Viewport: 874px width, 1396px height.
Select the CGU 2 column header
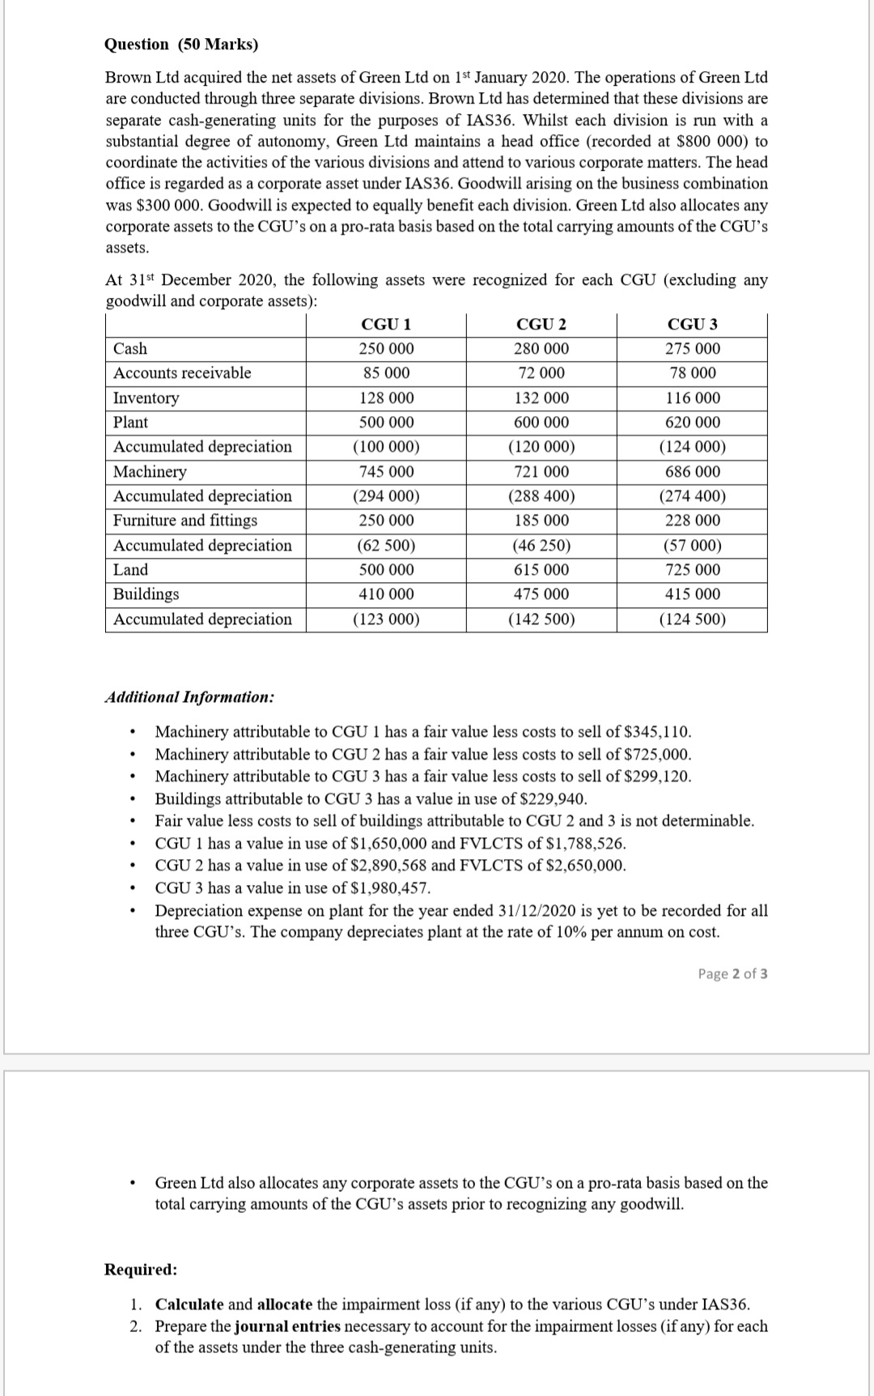point(541,325)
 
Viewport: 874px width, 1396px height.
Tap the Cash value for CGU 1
point(386,349)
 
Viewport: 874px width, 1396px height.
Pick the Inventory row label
point(146,398)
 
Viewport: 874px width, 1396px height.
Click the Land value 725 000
point(692,570)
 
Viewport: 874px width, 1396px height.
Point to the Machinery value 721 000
point(541,472)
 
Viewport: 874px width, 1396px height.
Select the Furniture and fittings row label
point(185,521)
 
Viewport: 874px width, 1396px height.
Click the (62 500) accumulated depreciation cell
point(386,546)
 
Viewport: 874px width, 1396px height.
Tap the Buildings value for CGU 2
point(541,594)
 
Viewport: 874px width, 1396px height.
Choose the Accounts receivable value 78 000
point(692,373)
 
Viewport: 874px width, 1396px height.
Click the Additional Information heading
point(189,697)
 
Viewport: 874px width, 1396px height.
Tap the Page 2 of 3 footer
point(732,973)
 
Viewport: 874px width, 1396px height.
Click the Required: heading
point(141,1269)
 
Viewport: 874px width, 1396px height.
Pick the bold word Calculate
point(189,1304)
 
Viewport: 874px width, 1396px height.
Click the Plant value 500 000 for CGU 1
point(386,423)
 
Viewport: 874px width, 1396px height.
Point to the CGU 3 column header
point(692,325)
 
